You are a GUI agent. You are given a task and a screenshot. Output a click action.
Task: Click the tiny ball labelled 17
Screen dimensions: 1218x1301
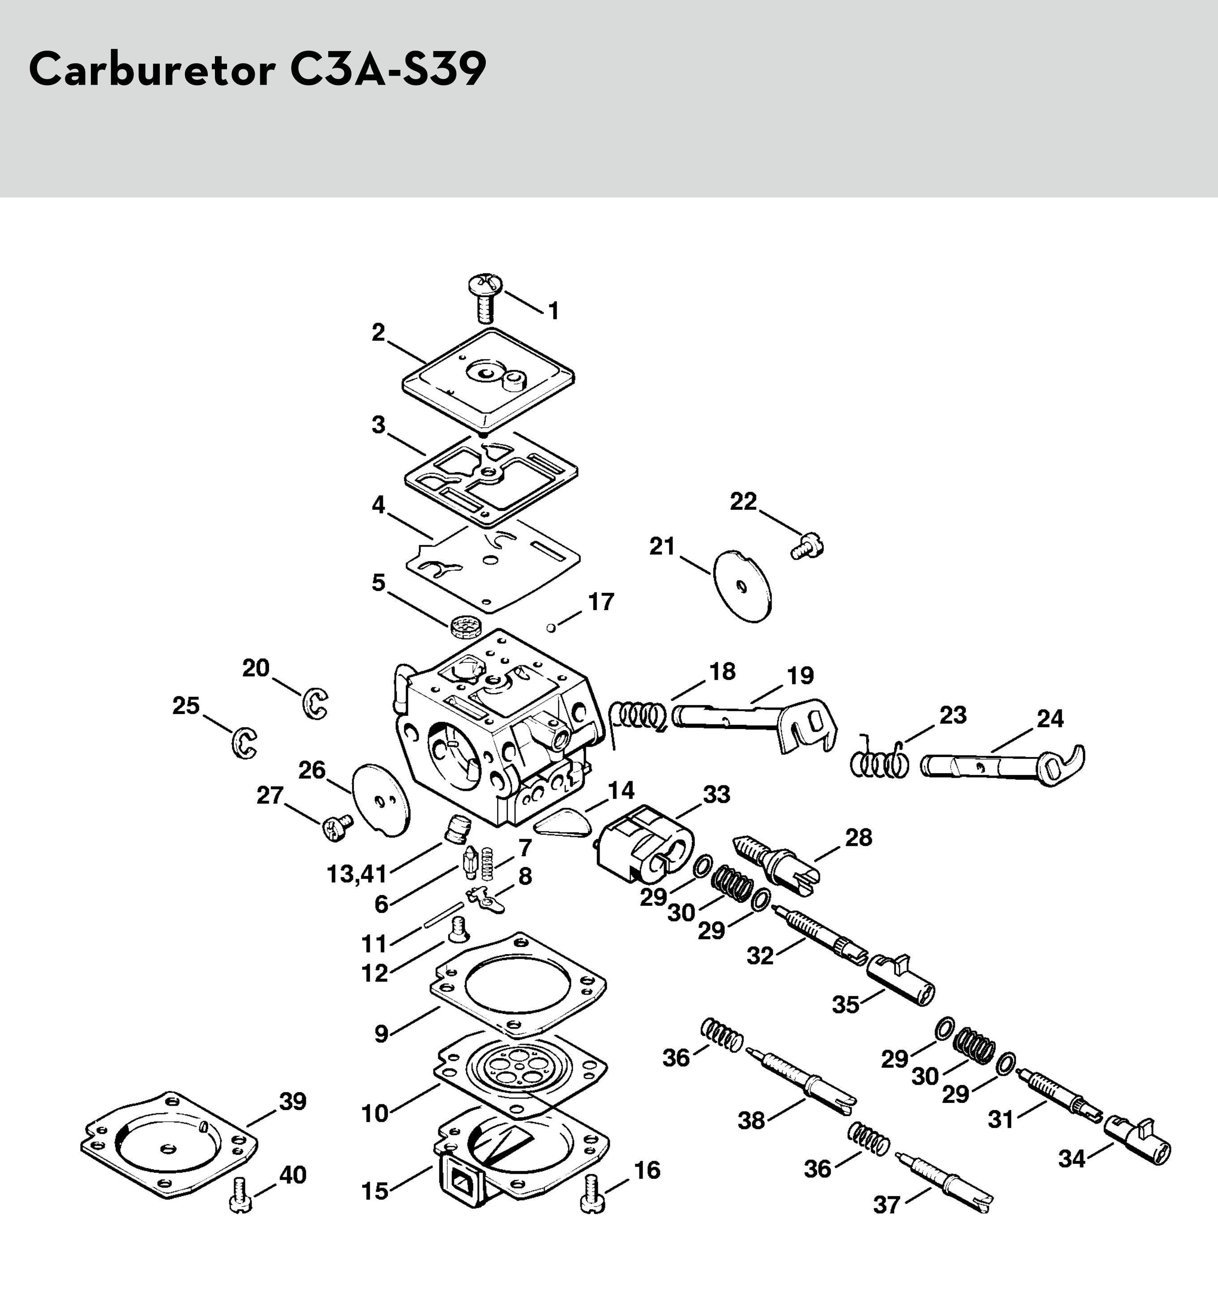click(x=551, y=628)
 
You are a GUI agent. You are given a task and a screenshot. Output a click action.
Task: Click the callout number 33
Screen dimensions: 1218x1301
click(x=716, y=794)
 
